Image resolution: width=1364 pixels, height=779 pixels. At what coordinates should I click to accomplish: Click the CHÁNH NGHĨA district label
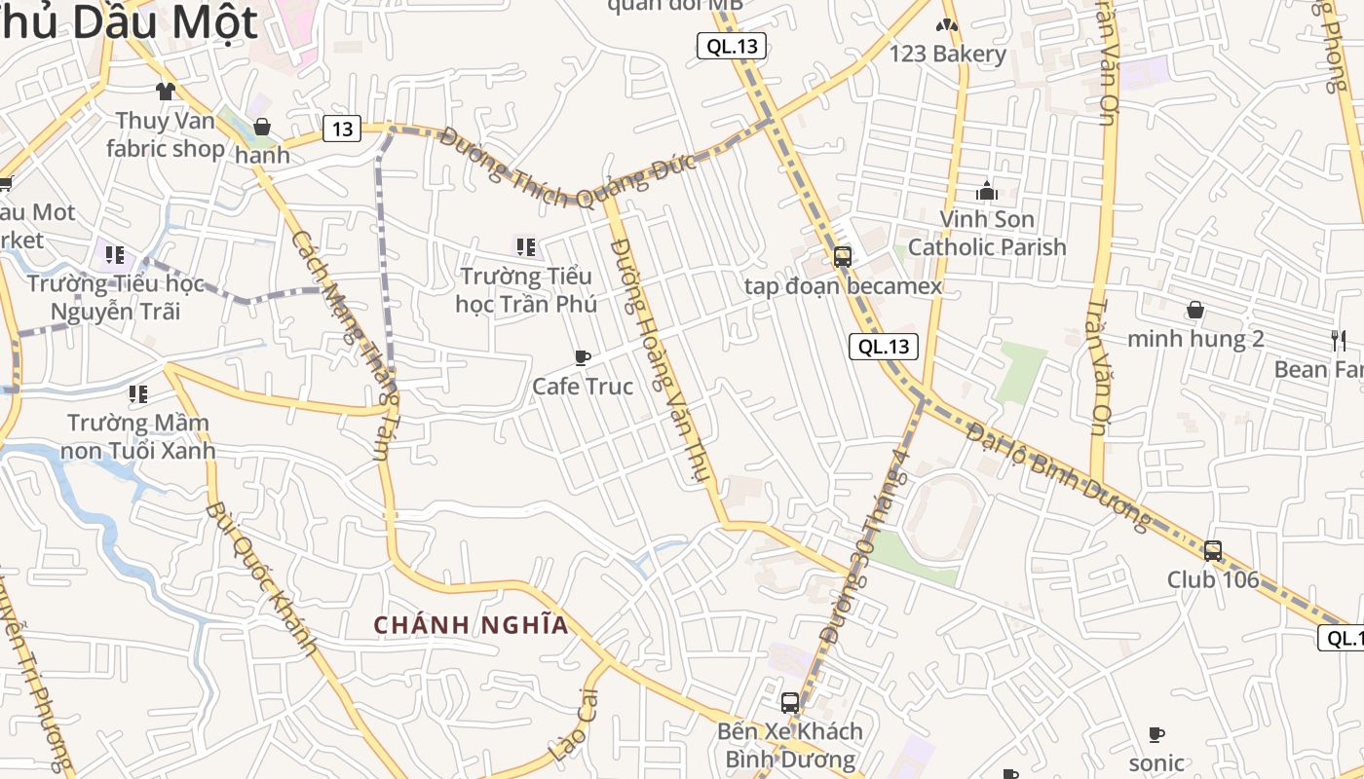472,625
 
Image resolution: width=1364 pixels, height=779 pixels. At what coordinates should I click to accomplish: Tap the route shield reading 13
342,129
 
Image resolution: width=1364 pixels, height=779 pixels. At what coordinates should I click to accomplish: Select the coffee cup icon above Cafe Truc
583,358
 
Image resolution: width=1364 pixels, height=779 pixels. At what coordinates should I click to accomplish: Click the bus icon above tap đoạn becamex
843,257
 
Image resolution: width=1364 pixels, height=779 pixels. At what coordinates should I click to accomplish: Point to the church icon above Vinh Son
987,191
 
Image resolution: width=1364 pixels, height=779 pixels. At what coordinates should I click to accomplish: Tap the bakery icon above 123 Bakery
947,25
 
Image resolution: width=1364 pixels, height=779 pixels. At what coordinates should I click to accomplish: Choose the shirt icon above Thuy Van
165,92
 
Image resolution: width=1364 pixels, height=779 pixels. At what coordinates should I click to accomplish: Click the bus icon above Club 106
1213,551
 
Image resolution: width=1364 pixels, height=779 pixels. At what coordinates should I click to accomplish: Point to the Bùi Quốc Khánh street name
262,580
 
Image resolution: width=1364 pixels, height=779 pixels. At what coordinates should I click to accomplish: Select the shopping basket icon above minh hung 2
1195,311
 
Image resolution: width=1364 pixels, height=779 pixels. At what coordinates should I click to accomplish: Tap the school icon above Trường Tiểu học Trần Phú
526,247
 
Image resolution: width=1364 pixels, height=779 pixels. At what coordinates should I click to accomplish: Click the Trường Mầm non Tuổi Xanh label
137,437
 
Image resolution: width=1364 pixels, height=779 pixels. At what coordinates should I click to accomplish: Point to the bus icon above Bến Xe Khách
790,702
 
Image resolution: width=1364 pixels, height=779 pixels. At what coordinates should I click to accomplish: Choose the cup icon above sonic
1156,734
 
